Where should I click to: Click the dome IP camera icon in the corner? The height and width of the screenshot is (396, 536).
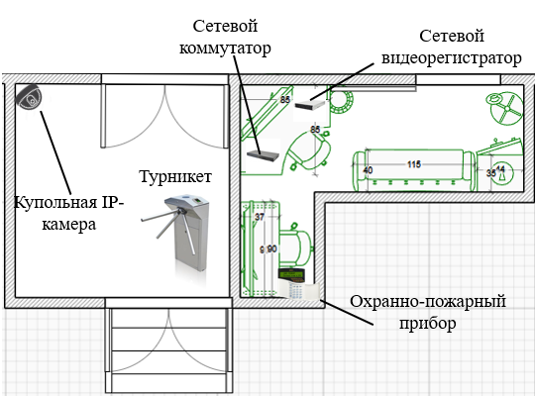click(30, 98)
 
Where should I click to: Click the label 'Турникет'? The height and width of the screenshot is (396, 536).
click(174, 176)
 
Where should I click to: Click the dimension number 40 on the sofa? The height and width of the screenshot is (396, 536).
click(368, 170)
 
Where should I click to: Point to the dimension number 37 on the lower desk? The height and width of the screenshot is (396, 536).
click(260, 217)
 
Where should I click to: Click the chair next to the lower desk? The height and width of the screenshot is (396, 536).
click(295, 242)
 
